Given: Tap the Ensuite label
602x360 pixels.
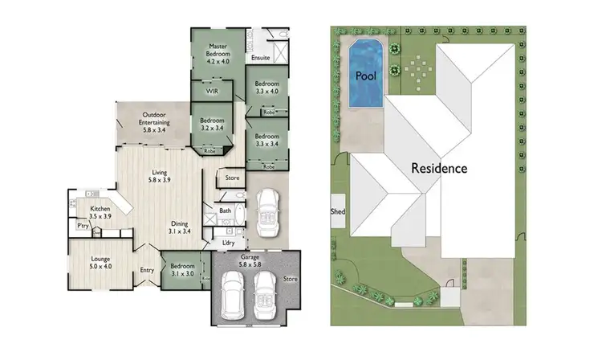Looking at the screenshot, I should (x=260, y=59).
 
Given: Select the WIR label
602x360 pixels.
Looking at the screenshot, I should (x=212, y=92).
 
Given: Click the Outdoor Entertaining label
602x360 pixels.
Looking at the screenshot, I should (x=153, y=121).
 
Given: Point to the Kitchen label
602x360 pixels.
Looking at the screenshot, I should (x=100, y=212).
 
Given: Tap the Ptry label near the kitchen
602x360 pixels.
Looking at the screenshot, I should (x=83, y=226).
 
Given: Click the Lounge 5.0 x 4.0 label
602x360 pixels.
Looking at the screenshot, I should (x=100, y=263).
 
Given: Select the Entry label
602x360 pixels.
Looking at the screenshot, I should (x=147, y=270).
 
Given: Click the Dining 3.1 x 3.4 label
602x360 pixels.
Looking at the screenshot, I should (x=179, y=227).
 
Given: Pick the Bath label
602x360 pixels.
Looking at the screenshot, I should (x=226, y=211).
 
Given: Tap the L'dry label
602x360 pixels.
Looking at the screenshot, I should (x=227, y=242).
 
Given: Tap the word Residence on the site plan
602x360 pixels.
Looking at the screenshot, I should (x=439, y=169).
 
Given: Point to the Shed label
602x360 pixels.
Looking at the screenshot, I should (x=337, y=211).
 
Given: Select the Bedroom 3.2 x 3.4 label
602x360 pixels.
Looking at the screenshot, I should (x=212, y=125).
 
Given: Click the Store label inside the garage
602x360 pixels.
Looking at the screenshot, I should (x=290, y=279).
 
